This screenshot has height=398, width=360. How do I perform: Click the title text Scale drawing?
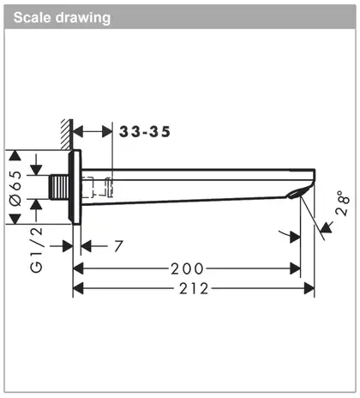pyautogui.click(x=62, y=17)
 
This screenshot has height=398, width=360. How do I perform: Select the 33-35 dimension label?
pyautogui.click(x=145, y=132)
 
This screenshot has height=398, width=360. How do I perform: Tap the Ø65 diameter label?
pyautogui.click(x=15, y=188)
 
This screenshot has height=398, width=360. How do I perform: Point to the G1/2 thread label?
pyautogui.click(x=37, y=250)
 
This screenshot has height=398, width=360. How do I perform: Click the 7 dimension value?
pyautogui.click(x=118, y=246)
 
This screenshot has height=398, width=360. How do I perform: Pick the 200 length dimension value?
pyautogui.click(x=187, y=269)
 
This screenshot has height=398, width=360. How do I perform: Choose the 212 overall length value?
pyautogui.click(x=194, y=289)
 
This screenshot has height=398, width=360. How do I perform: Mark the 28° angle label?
pyautogui.click(x=343, y=202)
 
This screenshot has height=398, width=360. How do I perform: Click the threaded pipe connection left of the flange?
pyautogui.click(x=59, y=187)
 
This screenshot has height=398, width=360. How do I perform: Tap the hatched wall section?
pyautogui.click(x=67, y=135)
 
